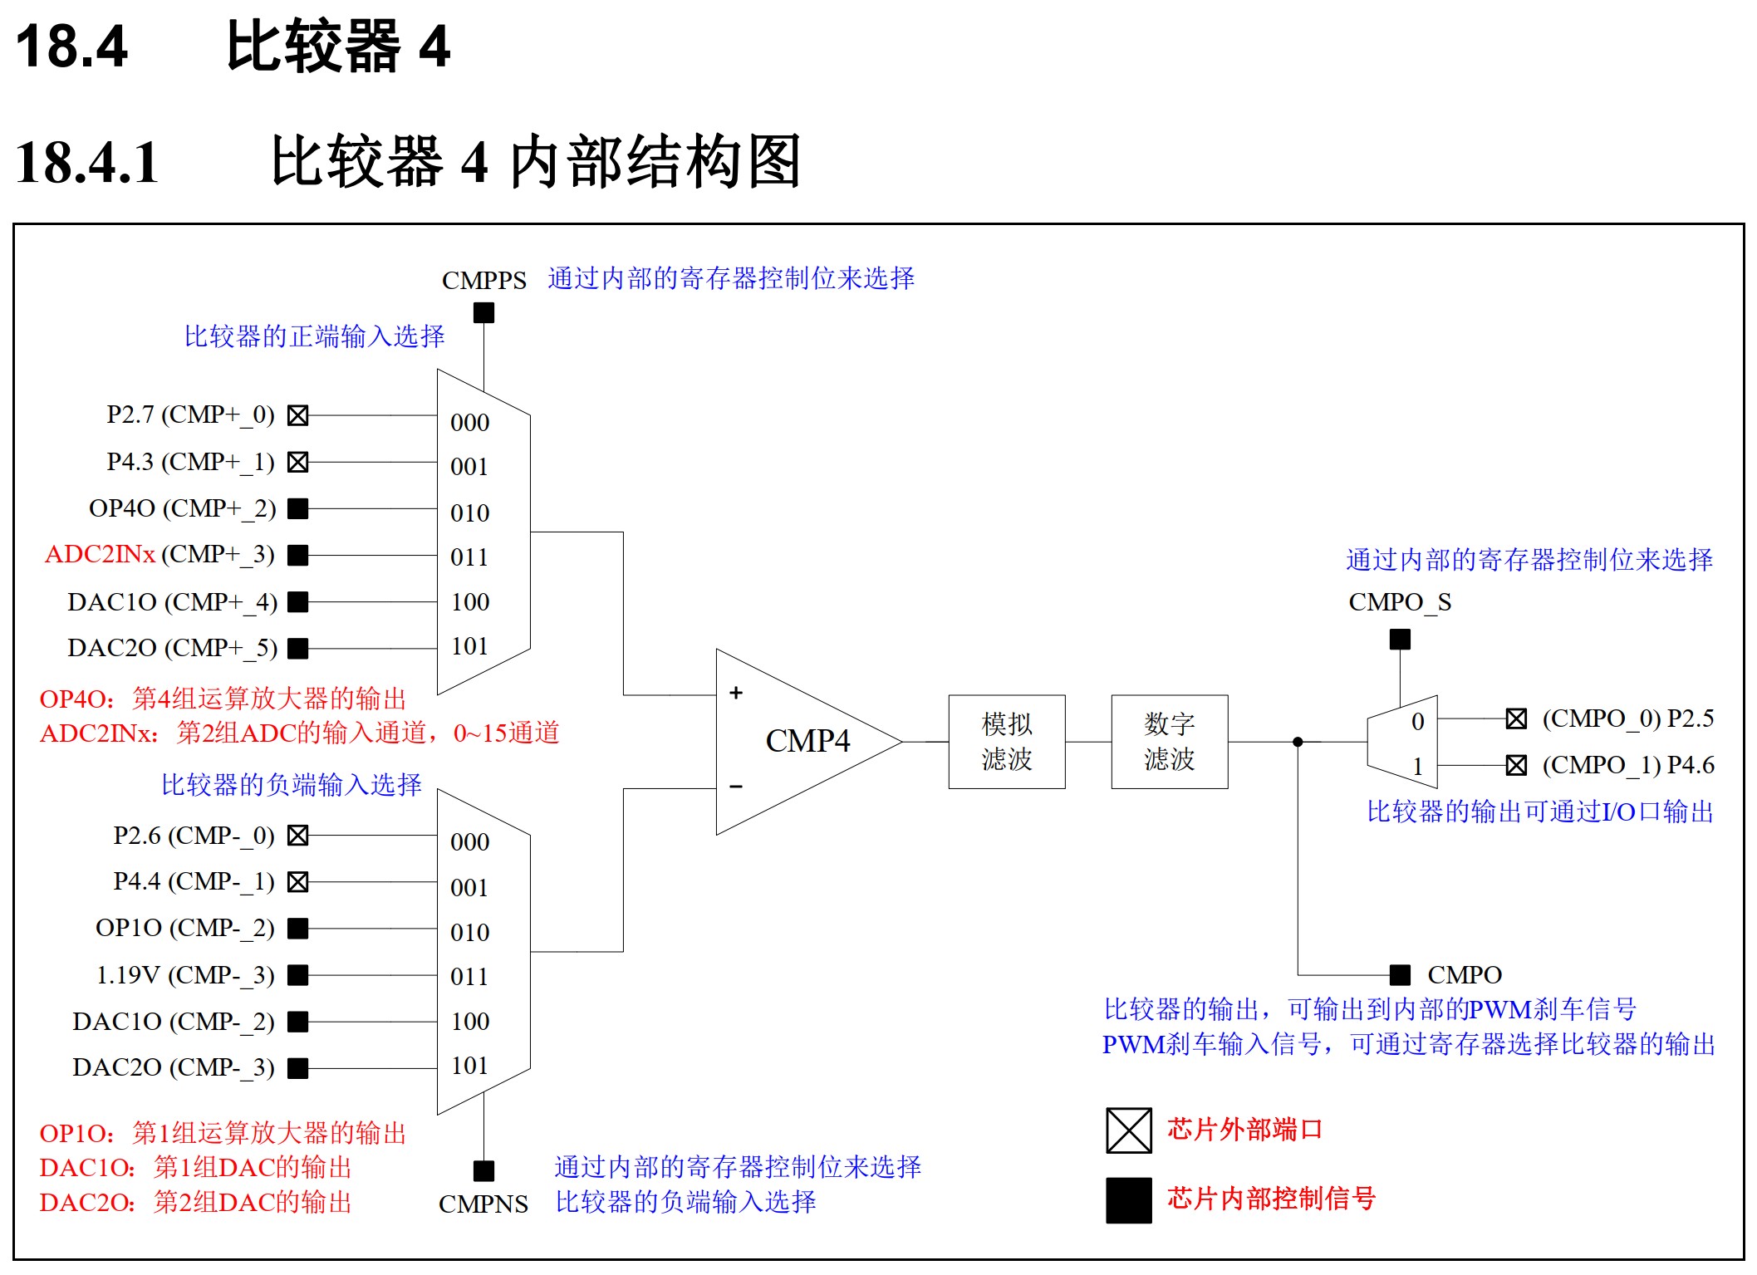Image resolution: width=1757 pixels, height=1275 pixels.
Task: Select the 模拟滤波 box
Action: click(x=1006, y=741)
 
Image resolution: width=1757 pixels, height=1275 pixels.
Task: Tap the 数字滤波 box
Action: click(x=1169, y=741)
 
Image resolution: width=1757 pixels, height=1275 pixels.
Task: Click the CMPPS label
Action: click(x=483, y=281)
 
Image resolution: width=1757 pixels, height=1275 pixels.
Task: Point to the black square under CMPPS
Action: click(x=483, y=313)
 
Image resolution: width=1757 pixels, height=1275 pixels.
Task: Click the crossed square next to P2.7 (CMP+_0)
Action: click(x=297, y=415)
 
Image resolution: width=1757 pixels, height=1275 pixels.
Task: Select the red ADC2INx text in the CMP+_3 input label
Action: click(x=100, y=554)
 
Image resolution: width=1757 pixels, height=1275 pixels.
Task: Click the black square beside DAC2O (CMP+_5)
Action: click(x=297, y=648)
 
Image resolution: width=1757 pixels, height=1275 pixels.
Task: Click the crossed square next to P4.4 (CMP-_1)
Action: click(x=297, y=882)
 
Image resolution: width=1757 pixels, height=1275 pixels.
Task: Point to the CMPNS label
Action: click(x=483, y=1204)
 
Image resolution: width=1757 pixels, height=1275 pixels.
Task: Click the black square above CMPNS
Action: click(x=483, y=1171)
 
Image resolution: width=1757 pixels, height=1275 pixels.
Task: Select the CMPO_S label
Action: click(x=1400, y=602)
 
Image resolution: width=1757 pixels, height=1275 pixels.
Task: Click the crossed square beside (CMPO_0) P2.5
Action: click(x=1516, y=719)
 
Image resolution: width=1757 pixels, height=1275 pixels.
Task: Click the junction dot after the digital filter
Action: click(x=1298, y=742)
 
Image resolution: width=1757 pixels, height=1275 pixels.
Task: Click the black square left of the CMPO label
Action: click(x=1400, y=974)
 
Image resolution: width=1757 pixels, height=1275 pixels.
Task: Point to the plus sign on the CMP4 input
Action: click(x=736, y=693)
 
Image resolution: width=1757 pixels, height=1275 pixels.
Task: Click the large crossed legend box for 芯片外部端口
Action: click(x=1128, y=1130)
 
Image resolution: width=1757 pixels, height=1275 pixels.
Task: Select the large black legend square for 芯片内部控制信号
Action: click(x=1128, y=1200)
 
